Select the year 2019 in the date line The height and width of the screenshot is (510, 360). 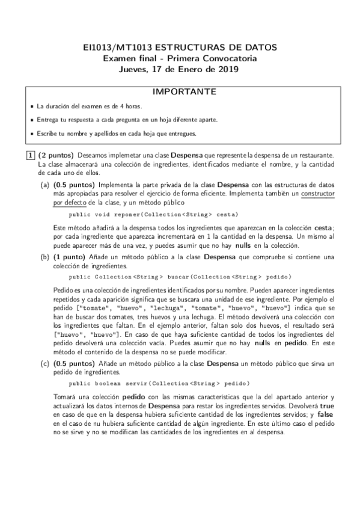(228, 69)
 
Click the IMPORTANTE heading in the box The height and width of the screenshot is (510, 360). (180, 92)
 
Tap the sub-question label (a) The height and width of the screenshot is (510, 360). (45, 185)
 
